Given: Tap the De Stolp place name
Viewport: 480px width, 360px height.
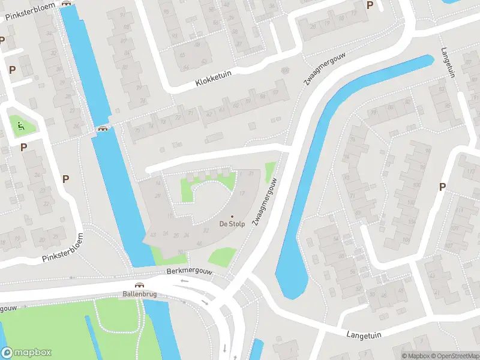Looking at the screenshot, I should click(x=232, y=224).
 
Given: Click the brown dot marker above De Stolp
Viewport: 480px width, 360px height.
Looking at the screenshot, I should click(x=232, y=217).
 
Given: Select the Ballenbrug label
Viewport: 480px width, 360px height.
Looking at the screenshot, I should click(x=139, y=294).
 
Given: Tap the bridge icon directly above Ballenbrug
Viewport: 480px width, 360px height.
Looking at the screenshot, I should click(x=139, y=286).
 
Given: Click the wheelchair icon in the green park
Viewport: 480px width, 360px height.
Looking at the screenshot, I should click(x=20, y=125).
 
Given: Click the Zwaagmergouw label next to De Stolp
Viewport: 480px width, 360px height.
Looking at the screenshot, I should click(x=263, y=202).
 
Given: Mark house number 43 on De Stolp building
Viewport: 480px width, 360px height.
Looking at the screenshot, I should click(x=153, y=234).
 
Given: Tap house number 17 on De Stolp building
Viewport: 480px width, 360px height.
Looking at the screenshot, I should click(x=242, y=193).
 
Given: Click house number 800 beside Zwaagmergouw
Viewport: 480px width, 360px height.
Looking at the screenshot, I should click(x=284, y=70).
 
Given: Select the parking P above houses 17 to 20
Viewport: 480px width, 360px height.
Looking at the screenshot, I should click(x=370, y=5).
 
